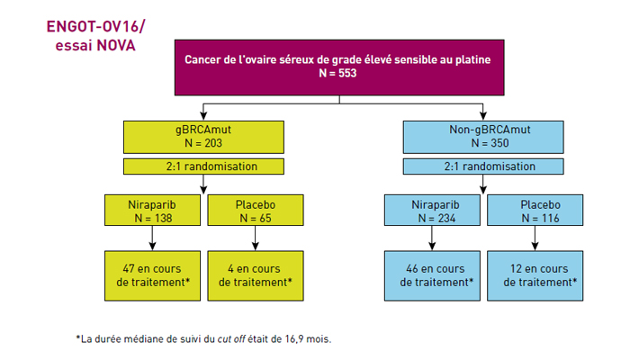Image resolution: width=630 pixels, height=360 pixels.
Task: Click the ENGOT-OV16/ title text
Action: click(95, 26)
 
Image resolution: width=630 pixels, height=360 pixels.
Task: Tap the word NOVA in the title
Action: click(115, 45)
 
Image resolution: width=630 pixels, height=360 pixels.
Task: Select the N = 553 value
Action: click(337, 73)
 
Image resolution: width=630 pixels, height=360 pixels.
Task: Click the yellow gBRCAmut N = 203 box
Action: click(203, 137)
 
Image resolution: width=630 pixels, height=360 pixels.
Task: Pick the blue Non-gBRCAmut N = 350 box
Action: click(483, 137)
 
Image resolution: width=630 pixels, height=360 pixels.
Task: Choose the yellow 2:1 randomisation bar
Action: click(203, 166)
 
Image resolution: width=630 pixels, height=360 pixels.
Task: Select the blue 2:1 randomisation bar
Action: click(483, 166)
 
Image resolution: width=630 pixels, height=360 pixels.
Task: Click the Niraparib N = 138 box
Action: click(152, 210)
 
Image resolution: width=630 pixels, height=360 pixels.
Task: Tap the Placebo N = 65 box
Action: click(256, 210)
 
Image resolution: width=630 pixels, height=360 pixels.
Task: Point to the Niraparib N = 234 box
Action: click(432, 210)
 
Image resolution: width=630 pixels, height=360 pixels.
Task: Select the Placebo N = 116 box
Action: click(535, 210)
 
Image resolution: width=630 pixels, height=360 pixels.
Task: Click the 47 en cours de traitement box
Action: click(152, 275)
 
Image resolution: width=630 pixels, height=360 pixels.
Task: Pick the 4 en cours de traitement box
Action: click(256, 275)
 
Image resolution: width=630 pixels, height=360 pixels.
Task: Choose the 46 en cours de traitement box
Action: click(432, 275)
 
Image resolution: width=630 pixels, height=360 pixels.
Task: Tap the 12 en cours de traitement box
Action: click(535, 275)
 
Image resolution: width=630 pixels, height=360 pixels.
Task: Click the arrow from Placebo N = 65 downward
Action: click(255, 238)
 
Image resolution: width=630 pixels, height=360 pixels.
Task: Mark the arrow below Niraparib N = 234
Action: click(432, 238)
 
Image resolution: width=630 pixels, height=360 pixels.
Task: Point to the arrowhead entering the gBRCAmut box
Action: click(203, 116)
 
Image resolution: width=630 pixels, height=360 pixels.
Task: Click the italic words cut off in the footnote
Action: click(231, 339)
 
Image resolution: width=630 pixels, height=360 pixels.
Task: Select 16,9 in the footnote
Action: click(294, 339)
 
